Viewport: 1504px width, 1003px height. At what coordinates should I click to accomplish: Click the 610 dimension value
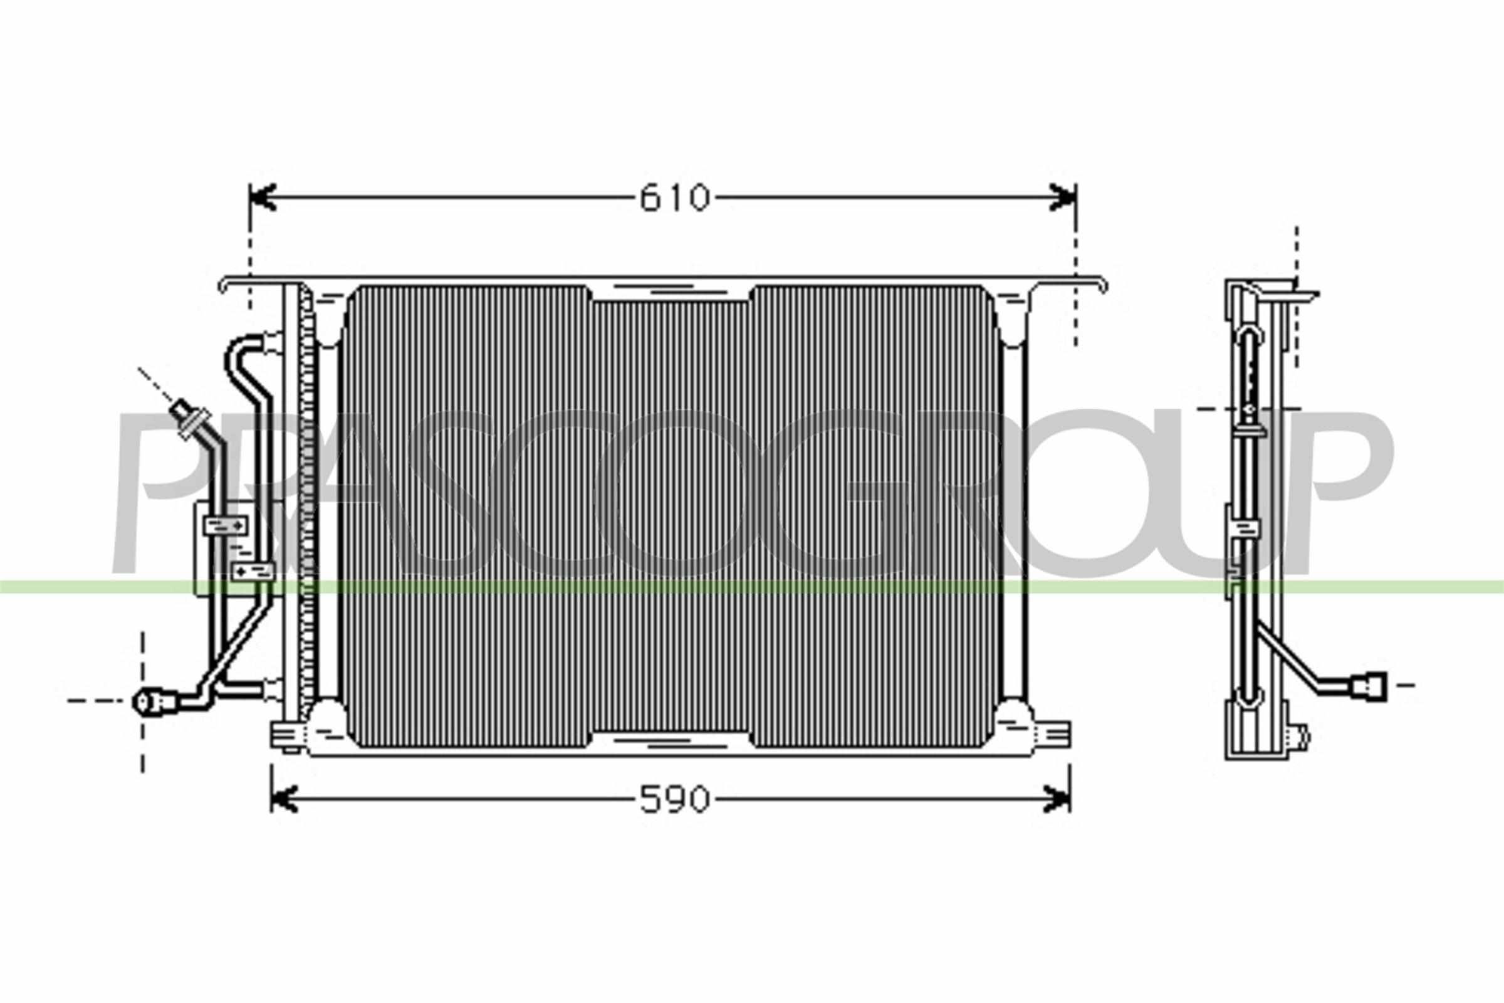coord(675,197)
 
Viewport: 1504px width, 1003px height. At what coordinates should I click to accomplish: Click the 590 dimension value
coord(675,799)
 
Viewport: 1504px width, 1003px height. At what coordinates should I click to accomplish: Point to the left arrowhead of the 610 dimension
coord(263,197)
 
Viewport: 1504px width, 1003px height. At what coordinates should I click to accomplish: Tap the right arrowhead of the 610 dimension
coord(1063,197)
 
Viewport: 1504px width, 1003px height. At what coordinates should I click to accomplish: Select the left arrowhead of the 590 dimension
coord(285,799)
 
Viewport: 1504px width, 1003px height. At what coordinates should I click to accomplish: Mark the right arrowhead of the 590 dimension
coord(1057,799)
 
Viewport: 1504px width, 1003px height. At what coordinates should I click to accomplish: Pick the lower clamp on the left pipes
coord(252,571)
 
